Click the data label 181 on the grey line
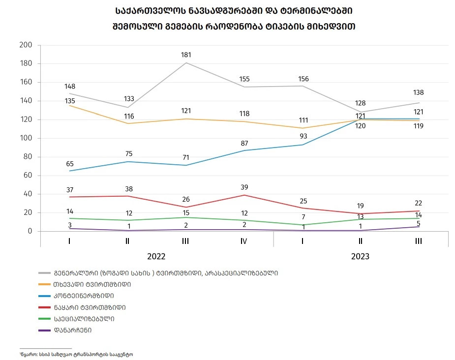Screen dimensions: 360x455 pyautogui.click(x=186, y=55)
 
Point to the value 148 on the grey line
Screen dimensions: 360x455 pyautogui.click(x=70, y=87)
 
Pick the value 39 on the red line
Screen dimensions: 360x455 pyautogui.click(x=244, y=187)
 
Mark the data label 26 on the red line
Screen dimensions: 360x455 pyautogui.click(x=186, y=199)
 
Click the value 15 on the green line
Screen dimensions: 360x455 pyautogui.click(x=186, y=212)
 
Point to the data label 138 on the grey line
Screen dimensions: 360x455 pyautogui.click(x=419, y=92)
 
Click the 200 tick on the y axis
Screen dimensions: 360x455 pyautogui.click(x=26, y=45)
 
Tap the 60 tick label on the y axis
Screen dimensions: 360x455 pyautogui.click(x=28, y=176)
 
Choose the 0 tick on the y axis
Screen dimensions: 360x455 pyautogui.click(x=30, y=231)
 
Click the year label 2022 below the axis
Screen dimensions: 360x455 pyautogui.click(x=156, y=257)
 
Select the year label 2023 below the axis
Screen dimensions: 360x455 pyautogui.click(x=360, y=257)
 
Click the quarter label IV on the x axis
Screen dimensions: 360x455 pyautogui.click(x=244, y=241)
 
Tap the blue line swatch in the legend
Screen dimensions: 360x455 pyautogui.click(x=45, y=296)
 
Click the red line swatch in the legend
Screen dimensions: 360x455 pyautogui.click(x=45, y=307)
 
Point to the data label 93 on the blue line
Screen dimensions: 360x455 pyautogui.click(x=303, y=136)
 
